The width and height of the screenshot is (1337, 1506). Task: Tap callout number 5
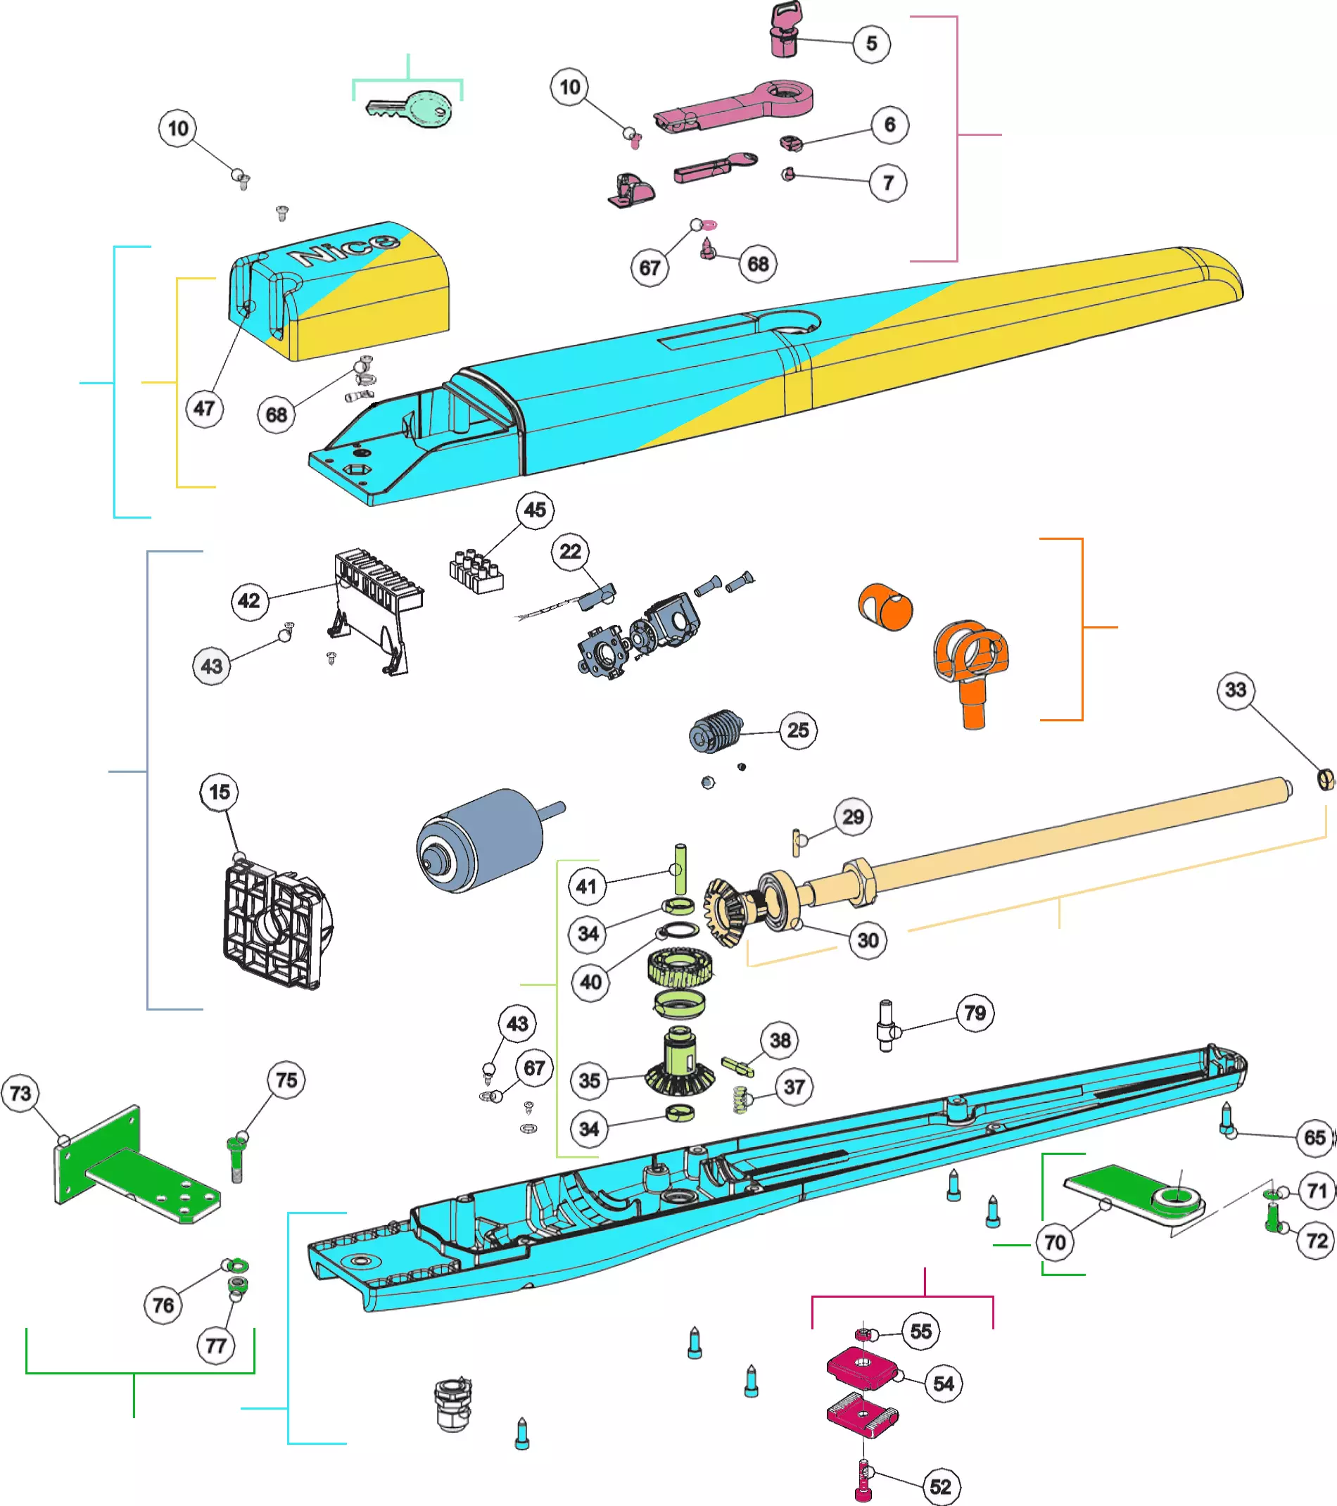click(x=871, y=44)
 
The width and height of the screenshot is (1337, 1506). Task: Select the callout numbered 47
click(x=204, y=408)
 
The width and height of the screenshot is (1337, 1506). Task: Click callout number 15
click(x=220, y=792)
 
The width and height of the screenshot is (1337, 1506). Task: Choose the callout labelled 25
click(x=798, y=730)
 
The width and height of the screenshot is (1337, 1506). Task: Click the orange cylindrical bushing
click(x=885, y=607)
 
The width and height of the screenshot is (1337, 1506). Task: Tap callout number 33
click(x=1236, y=690)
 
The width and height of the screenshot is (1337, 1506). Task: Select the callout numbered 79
click(x=975, y=1013)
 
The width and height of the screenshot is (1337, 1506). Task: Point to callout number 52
click(x=940, y=1486)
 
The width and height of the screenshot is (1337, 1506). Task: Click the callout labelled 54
click(x=944, y=1384)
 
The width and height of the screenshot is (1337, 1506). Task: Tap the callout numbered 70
click(x=1055, y=1243)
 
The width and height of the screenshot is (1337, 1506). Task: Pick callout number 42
click(x=249, y=600)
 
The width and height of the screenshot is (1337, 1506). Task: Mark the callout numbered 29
click(x=853, y=816)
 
